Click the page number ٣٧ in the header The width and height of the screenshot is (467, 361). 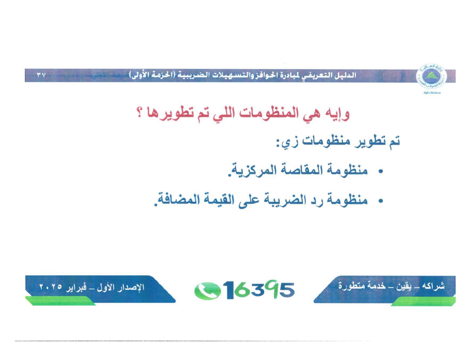click(x=42, y=76)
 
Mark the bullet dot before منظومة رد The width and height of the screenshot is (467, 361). click(x=381, y=201)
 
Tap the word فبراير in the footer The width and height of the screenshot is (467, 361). click(x=76, y=287)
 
